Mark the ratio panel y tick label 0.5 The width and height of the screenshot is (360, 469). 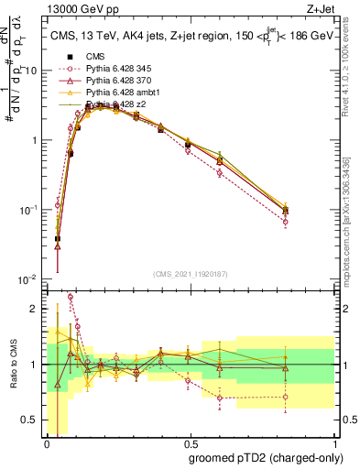click(x=31, y=420)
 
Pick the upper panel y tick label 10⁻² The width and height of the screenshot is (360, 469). click(x=29, y=279)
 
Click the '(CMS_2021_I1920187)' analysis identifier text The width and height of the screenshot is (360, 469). click(x=191, y=272)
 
